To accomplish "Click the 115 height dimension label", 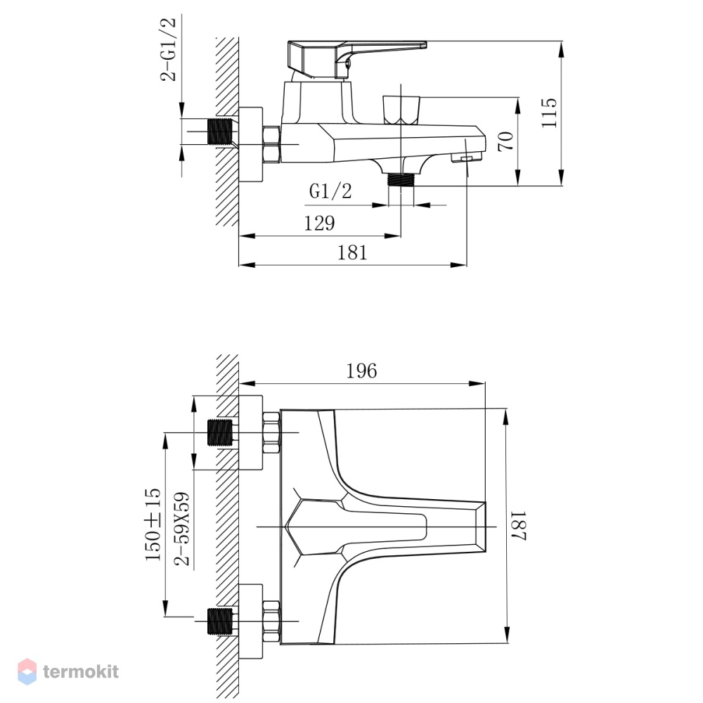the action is click(549, 113).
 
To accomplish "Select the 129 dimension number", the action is click(319, 223).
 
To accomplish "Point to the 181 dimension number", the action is click(352, 253).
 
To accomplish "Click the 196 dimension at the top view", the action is click(361, 370).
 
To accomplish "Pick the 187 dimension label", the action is click(518, 525).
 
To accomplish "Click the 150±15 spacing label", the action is click(153, 524).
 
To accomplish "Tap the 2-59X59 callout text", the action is click(182, 529).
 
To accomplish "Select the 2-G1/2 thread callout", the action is click(168, 49).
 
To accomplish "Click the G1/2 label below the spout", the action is click(330, 191).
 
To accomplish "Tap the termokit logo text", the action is click(81, 671).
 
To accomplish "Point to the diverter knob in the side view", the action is click(401, 110).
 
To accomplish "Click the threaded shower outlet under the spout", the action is click(401, 180).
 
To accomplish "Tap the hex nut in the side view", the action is click(271, 144).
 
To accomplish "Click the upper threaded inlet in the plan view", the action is click(221, 432).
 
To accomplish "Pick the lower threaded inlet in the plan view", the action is click(221, 621).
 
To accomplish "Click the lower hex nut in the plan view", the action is click(271, 621).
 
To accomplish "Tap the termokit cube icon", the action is click(27, 671).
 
